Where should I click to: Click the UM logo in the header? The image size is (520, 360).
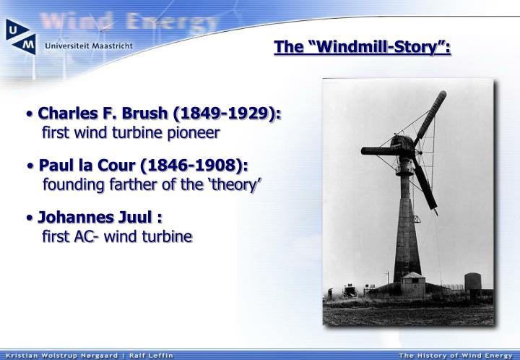pyautogui.click(x=22, y=35)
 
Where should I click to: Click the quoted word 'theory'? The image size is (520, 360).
pyautogui.click(x=235, y=184)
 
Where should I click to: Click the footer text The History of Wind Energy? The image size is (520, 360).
pyautogui.click(x=456, y=355)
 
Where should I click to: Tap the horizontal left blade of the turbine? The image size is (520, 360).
pyautogui.click(x=378, y=150)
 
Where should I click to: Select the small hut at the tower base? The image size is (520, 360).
pyautogui.click(x=414, y=283)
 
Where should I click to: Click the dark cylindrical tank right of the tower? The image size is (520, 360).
pyautogui.click(x=472, y=282)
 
